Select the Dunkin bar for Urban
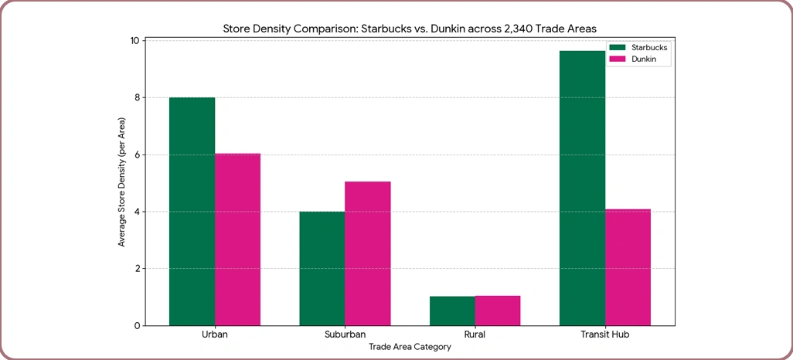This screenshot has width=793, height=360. [x=237, y=239]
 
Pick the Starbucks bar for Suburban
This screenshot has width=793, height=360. [x=322, y=268]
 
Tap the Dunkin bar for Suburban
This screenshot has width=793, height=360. [x=367, y=253]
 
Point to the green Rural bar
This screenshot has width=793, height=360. [x=452, y=311]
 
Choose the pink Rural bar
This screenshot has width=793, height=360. [x=498, y=311]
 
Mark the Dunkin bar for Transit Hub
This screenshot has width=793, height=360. [x=628, y=267]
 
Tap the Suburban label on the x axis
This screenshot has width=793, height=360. [x=345, y=336]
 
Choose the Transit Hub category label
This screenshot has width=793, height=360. [x=605, y=336]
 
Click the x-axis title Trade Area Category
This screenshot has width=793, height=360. [x=410, y=348]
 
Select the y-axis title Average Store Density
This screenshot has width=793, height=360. [x=122, y=182]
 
